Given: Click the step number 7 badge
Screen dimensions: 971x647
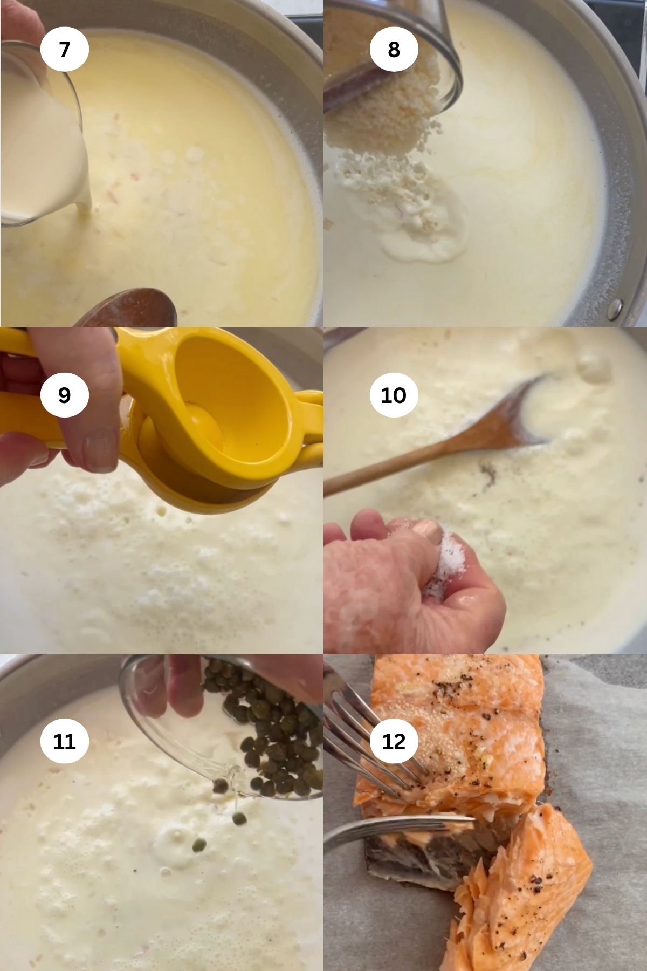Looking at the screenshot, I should pos(64,49).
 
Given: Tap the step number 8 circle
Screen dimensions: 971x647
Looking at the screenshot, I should pos(394,49).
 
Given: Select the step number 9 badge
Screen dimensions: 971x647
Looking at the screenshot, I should pos(64,395).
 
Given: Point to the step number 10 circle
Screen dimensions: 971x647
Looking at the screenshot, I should pos(394,395).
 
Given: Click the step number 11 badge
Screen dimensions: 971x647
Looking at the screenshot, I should pos(64,741).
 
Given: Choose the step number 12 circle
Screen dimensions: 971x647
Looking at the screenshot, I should pos(394,741).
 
